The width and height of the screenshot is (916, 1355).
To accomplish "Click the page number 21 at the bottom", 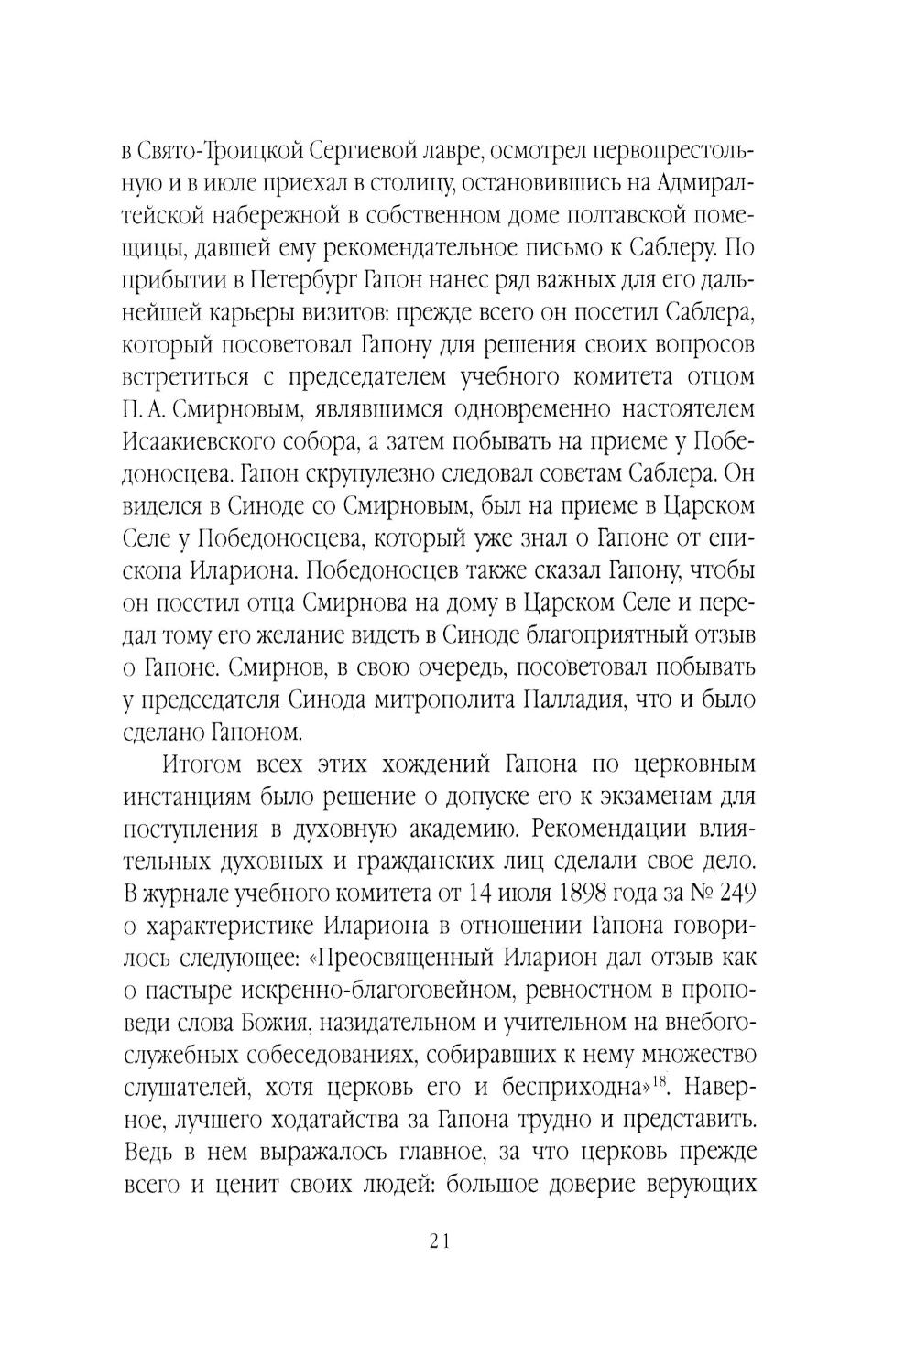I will click(438, 1241).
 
